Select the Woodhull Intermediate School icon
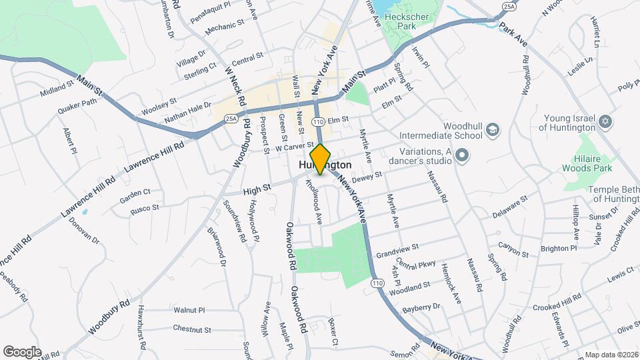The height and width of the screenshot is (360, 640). [493, 129]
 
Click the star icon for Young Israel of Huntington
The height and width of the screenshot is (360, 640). [606, 122]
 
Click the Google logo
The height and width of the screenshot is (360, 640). [22, 351]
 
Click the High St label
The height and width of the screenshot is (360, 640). [257, 190]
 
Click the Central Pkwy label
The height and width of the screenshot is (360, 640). [415, 264]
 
